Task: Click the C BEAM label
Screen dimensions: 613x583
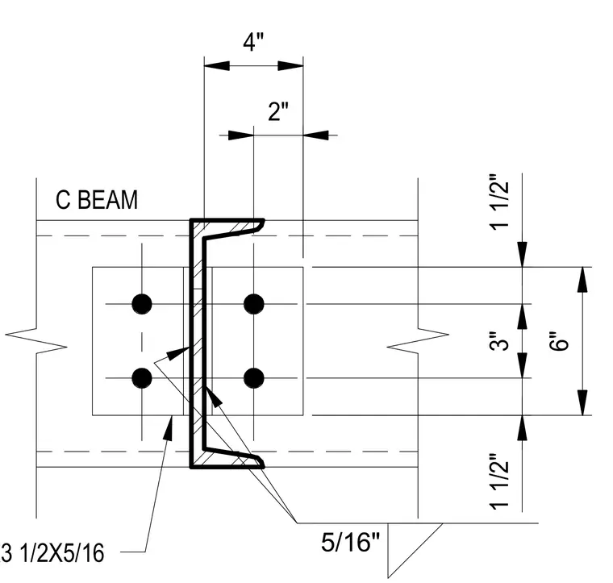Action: [97, 200]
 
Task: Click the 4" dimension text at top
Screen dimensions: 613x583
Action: [253, 42]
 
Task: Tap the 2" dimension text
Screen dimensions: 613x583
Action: [278, 111]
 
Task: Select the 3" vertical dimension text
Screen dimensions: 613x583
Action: [499, 341]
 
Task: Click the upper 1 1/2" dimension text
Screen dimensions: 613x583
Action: [499, 202]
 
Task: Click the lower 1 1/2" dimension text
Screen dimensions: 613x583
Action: [499, 481]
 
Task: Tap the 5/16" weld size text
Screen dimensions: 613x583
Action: [350, 542]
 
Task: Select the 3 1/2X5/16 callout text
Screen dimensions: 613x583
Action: [52, 553]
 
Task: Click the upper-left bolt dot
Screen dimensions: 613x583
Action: [142, 304]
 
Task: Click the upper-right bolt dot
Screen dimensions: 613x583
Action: [254, 304]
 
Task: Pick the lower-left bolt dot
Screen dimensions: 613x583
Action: [142, 378]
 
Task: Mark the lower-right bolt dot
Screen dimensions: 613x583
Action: [254, 378]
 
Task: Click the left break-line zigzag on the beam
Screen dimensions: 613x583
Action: [36, 340]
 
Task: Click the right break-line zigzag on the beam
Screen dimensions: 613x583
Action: [418, 340]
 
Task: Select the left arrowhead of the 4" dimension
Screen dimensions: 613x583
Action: [217, 65]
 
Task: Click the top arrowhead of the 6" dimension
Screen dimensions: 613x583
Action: [582, 279]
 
